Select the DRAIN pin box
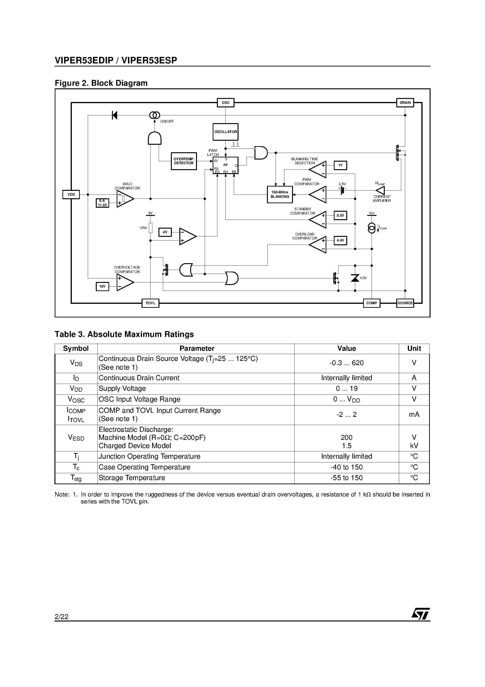tap(405, 103)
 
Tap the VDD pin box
tap(71, 195)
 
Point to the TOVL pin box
tap(150, 303)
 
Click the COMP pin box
tap(371, 303)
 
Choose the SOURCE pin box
tap(405, 303)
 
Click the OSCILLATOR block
tap(225, 132)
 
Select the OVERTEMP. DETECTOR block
tap(184, 161)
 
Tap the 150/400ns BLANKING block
tap(280, 195)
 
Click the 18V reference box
tap(102, 287)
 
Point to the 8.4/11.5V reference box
tap(102, 203)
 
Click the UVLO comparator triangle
tap(125, 199)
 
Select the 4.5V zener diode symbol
tap(355, 278)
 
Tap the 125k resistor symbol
tap(150, 228)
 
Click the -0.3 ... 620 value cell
tap(346, 363)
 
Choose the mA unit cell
tap(414, 414)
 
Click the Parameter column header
tap(196, 349)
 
